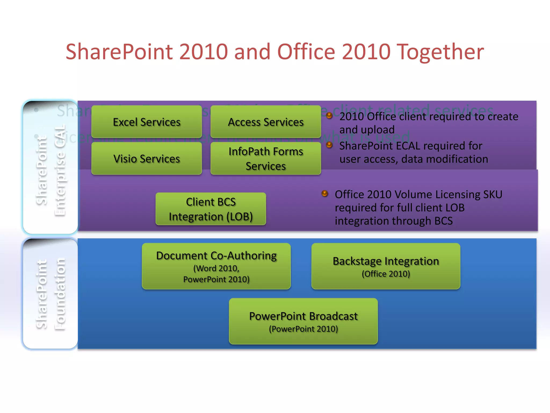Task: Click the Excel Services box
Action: point(147,122)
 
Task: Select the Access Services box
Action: point(266,122)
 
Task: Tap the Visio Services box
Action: point(147,159)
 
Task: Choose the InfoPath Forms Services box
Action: point(266,159)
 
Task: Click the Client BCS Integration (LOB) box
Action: point(211,209)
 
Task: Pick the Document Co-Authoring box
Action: point(216,266)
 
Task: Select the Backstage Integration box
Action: point(386,266)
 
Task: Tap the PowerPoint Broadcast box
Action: point(303,321)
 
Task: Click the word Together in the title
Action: point(440,52)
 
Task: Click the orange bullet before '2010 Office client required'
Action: point(329,116)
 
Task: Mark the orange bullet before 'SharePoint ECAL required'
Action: point(329,145)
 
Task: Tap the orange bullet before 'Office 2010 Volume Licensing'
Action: point(325,194)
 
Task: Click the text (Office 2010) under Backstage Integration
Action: point(386,274)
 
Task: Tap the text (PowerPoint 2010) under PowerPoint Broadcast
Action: point(303,329)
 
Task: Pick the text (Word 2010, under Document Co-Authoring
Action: point(216,268)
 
